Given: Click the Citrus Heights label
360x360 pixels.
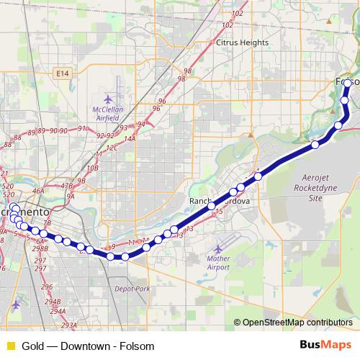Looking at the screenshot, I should pyautogui.click(x=242, y=42).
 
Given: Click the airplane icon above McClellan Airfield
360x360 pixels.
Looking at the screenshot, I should pyautogui.click(x=109, y=99).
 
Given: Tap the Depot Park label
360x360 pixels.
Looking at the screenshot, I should pyautogui.click(x=132, y=289).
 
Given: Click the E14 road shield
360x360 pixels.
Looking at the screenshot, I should pyautogui.click(x=63, y=73).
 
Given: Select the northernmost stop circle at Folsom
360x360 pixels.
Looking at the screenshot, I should pyautogui.click(x=348, y=84).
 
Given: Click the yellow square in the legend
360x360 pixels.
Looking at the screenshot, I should pyautogui.click(x=10, y=346).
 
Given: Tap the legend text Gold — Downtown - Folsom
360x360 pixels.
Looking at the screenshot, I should pyautogui.click(x=88, y=346).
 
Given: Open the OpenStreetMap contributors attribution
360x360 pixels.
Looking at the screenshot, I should pyautogui.click(x=297, y=323).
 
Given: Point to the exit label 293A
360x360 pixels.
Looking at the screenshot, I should pyautogui.click(x=68, y=325).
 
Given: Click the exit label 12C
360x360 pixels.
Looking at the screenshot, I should pyautogui.click(x=112, y=148).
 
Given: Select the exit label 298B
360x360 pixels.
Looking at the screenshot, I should pyautogui.click(x=40, y=249).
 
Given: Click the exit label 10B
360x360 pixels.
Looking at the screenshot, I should pyautogui.click(x=92, y=168).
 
